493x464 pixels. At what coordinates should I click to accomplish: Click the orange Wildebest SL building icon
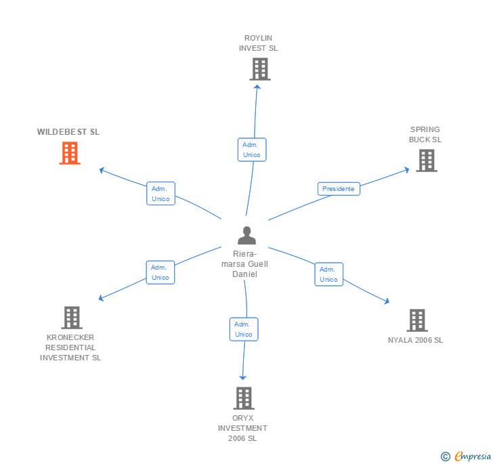(69, 153)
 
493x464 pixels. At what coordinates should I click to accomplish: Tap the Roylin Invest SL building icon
(259, 69)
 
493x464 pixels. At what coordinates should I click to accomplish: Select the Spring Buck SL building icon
(426, 161)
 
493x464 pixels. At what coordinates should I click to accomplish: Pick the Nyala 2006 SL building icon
(416, 320)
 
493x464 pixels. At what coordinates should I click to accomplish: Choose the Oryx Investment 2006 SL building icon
(244, 398)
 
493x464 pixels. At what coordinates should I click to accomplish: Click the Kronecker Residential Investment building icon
(71, 318)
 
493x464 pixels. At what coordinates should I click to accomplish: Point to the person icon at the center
(246, 236)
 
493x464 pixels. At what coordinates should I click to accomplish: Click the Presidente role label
(339, 189)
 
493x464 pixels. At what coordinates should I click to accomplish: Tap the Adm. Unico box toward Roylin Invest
(252, 150)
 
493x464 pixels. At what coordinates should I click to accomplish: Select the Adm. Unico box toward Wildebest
(160, 194)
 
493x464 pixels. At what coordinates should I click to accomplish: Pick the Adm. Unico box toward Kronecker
(160, 272)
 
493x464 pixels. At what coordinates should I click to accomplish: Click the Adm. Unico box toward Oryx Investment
(244, 329)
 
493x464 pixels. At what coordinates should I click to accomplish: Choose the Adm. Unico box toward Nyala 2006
(328, 274)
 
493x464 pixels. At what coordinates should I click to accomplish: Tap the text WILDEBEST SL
(68, 132)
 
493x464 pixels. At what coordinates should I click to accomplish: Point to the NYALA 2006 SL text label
(415, 340)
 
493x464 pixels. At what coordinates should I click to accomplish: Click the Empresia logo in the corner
(467, 457)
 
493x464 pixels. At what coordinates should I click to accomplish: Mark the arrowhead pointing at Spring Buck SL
(406, 169)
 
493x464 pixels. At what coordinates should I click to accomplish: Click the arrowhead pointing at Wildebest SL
(102, 169)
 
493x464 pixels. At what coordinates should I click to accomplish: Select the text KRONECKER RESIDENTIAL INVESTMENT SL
(70, 347)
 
